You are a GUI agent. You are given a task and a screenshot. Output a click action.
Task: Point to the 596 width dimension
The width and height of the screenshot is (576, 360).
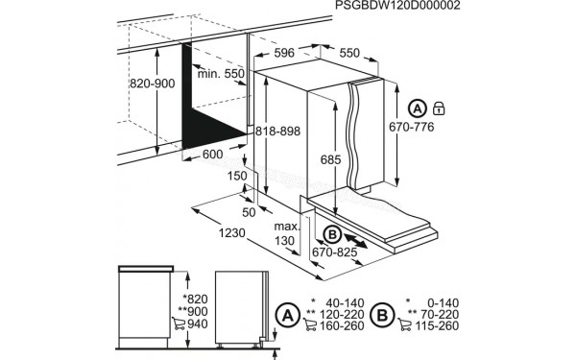pyautogui.click(x=283, y=55)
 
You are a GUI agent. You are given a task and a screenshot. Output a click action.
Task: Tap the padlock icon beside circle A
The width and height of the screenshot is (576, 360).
pyautogui.click(x=440, y=108)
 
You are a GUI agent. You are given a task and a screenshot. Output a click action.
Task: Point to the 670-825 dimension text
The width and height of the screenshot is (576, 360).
pyautogui.click(x=334, y=252)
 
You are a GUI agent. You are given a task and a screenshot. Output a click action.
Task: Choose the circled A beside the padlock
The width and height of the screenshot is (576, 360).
pyautogui.click(x=417, y=108)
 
